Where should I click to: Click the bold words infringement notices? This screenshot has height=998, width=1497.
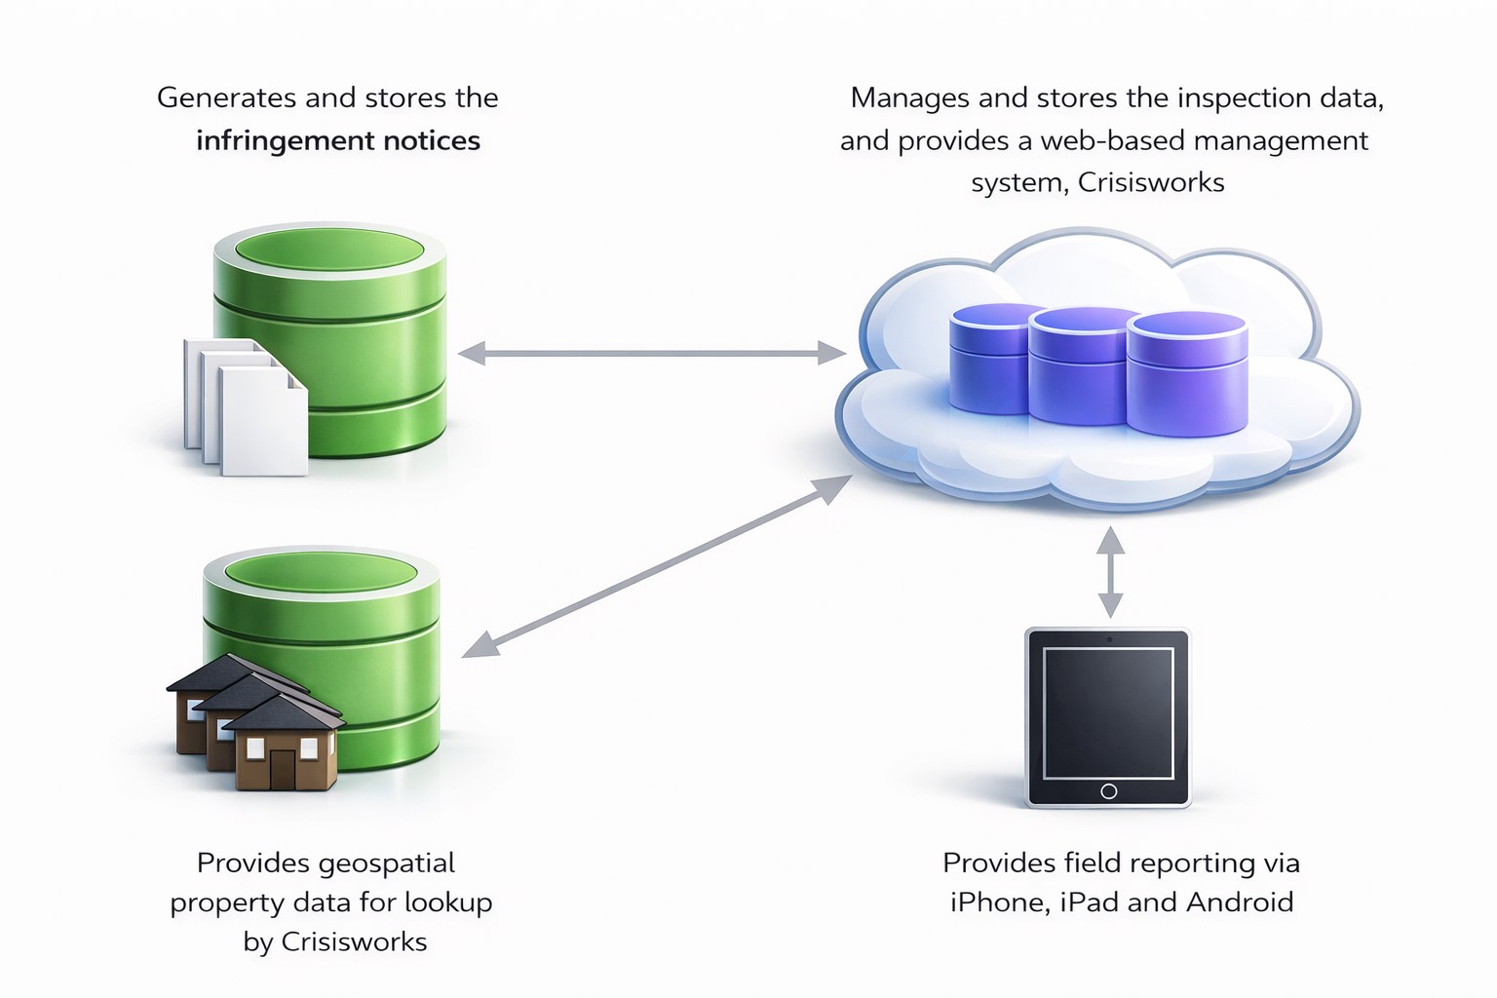(337, 141)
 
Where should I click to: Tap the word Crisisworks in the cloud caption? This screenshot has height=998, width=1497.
(1151, 182)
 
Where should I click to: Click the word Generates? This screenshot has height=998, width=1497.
(226, 98)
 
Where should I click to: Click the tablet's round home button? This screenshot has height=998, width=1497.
(1108, 791)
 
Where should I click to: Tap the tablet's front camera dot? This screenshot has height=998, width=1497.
(1109, 639)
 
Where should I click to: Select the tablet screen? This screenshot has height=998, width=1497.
(1108, 711)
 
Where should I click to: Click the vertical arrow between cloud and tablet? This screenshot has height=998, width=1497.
(1110, 572)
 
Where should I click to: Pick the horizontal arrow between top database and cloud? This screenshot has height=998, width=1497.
(651, 353)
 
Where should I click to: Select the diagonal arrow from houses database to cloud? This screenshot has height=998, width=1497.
(657, 566)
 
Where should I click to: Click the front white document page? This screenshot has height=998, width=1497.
(263, 425)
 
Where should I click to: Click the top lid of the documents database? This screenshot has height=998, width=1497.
(329, 248)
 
